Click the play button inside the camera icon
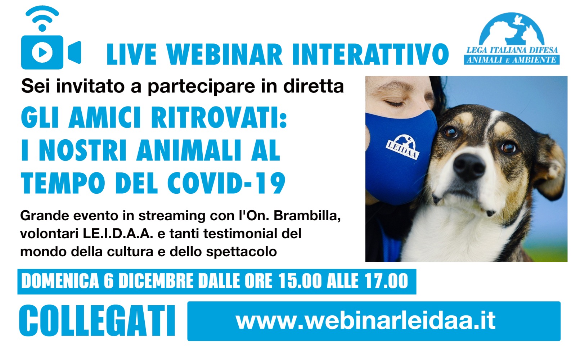point(42,52)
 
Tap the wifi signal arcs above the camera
point(42,15)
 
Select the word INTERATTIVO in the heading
point(370,55)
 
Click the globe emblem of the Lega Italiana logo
point(512,29)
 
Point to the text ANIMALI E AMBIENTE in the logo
point(512,60)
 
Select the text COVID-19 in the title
point(226,183)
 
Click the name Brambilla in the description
point(307,216)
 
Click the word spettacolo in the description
point(242,252)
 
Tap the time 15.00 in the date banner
point(300,281)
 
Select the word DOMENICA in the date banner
point(60,281)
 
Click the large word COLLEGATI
point(98,321)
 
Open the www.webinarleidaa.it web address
point(365,321)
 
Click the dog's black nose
point(469,166)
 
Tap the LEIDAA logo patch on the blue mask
point(402,147)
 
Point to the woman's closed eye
point(395,103)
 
